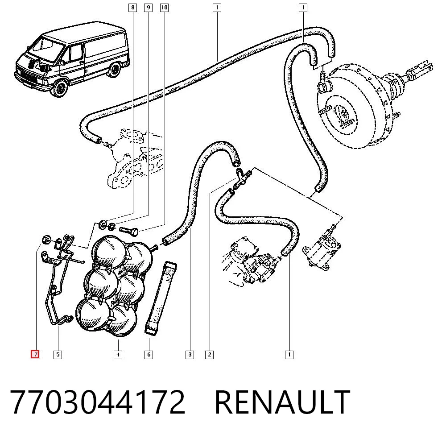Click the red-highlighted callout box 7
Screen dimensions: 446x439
tap(36, 355)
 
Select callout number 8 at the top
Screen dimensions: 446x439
tap(132, 8)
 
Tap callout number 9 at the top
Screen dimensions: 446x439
tap(148, 8)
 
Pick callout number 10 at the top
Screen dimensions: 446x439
tap(165, 8)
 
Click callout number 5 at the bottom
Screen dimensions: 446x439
tap(58, 355)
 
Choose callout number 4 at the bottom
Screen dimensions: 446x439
tap(118, 355)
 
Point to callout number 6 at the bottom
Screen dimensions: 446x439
tap(149, 355)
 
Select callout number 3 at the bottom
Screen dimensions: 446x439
tap(190, 355)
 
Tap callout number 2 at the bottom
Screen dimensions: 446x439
tap(209, 355)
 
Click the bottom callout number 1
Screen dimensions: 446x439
tap(289, 355)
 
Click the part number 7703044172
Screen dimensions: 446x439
tap(98, 402)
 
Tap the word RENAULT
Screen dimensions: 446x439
tap(282, 402)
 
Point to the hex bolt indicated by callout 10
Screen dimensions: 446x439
tap(128, 230)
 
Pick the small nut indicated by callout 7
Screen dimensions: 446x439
tap(46, 240)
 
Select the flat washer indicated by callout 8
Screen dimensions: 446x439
tap(102, 224)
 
